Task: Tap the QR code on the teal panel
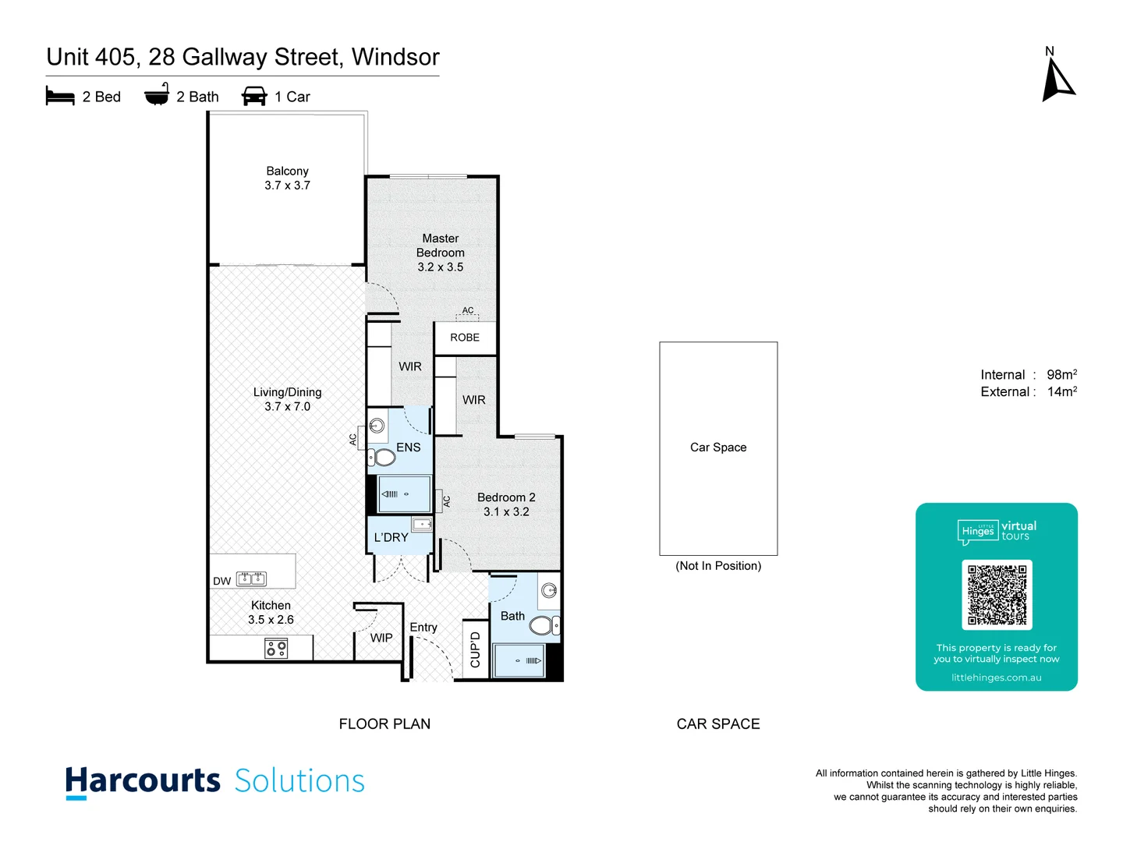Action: (997, 595)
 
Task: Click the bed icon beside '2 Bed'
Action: (60, 97)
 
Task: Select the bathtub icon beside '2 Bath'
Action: (157, 95)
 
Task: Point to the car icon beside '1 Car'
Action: (254, 97)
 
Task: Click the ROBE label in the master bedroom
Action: (465, 338)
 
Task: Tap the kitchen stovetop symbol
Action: (276, 648)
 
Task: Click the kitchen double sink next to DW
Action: (251, 578)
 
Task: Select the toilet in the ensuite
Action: (384, 457)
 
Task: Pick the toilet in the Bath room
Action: (543, 624)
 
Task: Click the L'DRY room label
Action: (391, 537)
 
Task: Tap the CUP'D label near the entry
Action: (475, 649)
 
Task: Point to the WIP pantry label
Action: (381, 638)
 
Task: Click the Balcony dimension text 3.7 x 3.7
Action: (287, 186)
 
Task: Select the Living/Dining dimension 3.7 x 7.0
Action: (287, 406)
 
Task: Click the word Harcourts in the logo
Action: (143, 781)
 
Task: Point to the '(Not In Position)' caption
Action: (718, 566)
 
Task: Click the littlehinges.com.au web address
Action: (996, 677)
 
